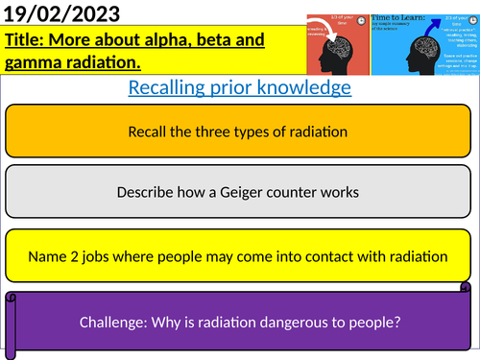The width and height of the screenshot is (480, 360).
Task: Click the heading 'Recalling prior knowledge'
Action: pyautogui.click(x=239, y=88)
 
